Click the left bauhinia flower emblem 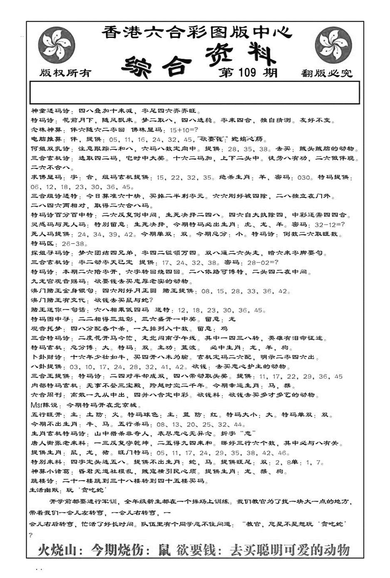[56, 45]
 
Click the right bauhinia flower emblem [333, 45]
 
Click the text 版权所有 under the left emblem [65, 73]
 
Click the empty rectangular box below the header [194, 92]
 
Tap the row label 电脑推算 [47, 140]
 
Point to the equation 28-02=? [263, 263]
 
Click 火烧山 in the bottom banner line [57, 550]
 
